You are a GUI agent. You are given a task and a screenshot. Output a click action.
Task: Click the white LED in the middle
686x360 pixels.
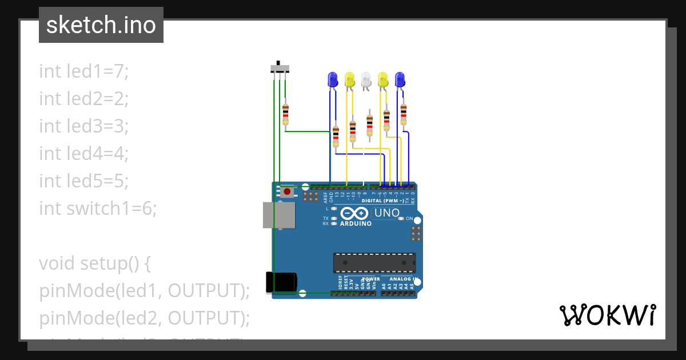click(x=366, y=79)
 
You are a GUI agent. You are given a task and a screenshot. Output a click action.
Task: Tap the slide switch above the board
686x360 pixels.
click(x=280, y=69)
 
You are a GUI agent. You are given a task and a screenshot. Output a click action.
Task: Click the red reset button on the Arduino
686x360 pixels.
click(x=287, y=191)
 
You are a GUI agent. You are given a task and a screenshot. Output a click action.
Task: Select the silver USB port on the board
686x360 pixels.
click(x=278, y=215)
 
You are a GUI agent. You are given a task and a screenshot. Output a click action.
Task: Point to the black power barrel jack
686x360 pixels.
click(x=281, y=282)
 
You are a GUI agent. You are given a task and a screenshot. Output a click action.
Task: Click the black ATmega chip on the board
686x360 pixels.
click(x=374, y=262)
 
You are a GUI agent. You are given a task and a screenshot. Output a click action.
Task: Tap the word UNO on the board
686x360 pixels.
click(x=387, y=213)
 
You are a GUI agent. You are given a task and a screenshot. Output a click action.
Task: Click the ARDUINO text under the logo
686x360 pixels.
click(x=356, y=223)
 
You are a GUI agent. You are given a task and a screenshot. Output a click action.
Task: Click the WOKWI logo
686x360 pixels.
click(x=607, y=315)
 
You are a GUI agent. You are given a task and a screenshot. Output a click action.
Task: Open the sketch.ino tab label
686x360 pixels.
click(x=101, y=25)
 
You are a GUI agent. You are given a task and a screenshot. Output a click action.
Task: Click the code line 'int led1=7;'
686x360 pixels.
click(x=84, y=71)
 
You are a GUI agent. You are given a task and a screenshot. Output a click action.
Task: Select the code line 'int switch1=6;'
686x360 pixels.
click(x=98, y=208)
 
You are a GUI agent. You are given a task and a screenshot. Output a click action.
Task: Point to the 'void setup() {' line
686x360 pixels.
click(x=94, y=263)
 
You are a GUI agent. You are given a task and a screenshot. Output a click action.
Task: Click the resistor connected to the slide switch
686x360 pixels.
click(x=285, y=114)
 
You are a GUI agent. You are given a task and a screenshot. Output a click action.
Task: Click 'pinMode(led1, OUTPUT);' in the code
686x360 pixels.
click(x=145, y=291)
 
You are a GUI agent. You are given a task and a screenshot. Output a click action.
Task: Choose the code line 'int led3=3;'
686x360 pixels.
click(x=84, y=126)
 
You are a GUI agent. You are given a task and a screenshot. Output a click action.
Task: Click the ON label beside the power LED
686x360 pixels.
click(x=409, y=218)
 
